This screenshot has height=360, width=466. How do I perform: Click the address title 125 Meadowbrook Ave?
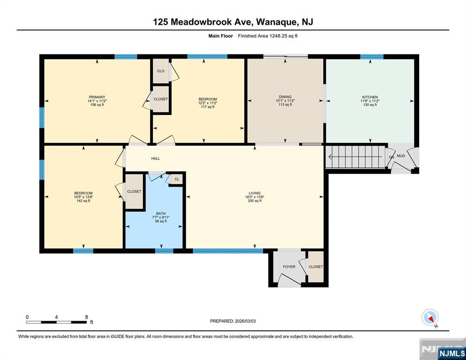[x=233, y=22]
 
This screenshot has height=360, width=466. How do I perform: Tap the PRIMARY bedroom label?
[x=96, y=97]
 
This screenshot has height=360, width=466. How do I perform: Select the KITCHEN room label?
[x=369, y=97]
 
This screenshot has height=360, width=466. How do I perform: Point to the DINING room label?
[x=285, y=97]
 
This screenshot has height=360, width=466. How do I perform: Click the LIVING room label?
[x=255, y=193]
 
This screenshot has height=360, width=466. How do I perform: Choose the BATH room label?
[x=161, y=213]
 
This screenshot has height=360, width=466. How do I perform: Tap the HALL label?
[x=155, y=158]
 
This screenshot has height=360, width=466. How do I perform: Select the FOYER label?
[x=289, y=267]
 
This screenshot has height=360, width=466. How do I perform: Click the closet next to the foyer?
[x=316, y=267]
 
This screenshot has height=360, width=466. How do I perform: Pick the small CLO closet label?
[x=160, y=71]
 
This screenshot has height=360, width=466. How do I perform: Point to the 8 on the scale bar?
[x=86, y=317]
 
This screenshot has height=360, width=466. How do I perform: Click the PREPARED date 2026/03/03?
[x=233, y=321]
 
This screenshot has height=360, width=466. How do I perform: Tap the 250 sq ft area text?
[x=255, y=201]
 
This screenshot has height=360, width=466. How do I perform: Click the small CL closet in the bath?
[x=176, y=179]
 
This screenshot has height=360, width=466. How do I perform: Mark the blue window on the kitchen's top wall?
[x=371, y=57]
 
